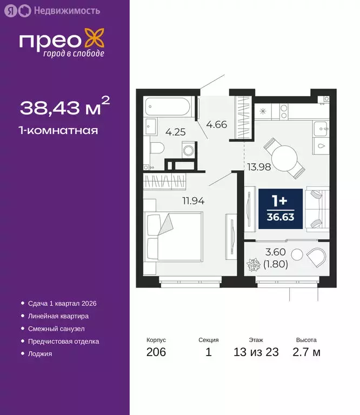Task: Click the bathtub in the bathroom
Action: pyautogui.click(x=168, y=106)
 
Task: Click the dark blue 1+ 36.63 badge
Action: pyautogui.click(x=280, y=208)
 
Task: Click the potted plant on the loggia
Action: pyautogui.click(x=254, y=266)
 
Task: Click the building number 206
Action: pyautogui.click(x=156, y=353)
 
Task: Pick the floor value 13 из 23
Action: pyautogui.click(x=256, y=353)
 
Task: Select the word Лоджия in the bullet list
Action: pyautogui.click(x=40, y=354)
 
